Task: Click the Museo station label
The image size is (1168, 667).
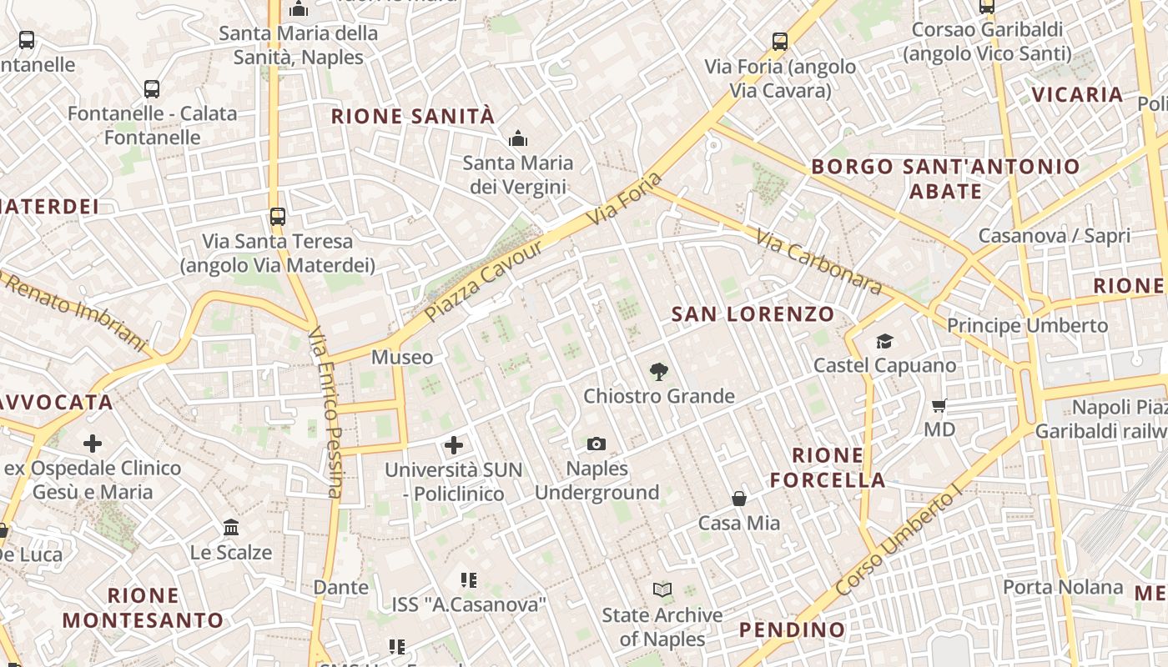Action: point(402,358)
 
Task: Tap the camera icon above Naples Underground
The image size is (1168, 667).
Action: point(597,444)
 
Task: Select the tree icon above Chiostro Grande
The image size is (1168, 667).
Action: point(659,372)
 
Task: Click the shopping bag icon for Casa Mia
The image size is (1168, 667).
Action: point(739,499)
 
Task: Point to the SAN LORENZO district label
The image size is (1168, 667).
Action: point(753,314)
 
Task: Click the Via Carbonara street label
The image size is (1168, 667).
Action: point(818,263)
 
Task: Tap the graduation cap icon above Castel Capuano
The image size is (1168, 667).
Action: point(884,342)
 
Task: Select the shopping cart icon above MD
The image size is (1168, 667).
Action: point(939,406)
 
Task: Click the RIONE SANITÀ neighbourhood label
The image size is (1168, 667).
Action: point(413,117)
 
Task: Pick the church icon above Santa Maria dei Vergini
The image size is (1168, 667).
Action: point(518,138)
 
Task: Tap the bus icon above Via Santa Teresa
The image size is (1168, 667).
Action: point(278,217)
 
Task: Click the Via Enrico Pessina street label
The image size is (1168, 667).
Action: point(326,413)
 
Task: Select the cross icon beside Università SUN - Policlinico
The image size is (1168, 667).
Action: point(454,445)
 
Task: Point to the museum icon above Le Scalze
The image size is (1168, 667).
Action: point(231,528)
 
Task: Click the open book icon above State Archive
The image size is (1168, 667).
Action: point(662,590)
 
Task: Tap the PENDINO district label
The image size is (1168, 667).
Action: point(792,629)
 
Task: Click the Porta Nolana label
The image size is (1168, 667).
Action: point(1062,587)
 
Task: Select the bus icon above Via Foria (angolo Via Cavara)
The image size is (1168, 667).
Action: point(780,42)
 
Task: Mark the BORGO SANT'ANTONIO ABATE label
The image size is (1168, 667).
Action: point(945,178)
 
